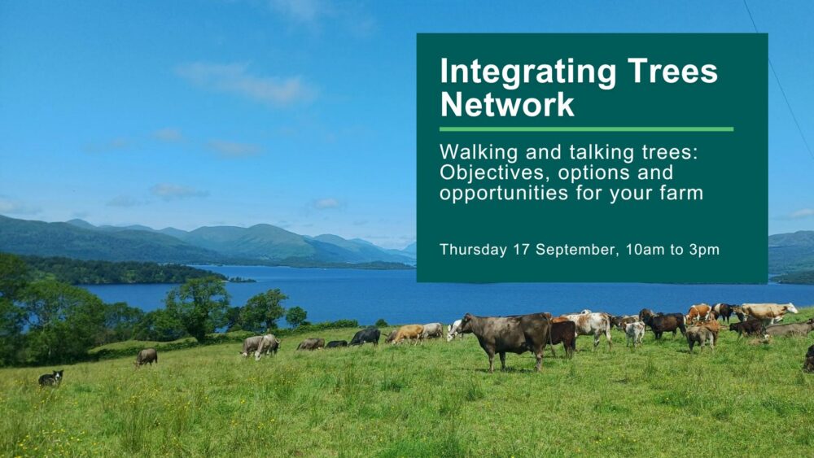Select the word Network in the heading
[507, 105]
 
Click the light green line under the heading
[586, 129]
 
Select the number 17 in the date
[522, 250]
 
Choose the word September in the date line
[577, 250]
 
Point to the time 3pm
[704, 250]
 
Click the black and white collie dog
[50, 378]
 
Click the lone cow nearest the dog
[147, 357]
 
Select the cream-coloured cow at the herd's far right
[766, 312]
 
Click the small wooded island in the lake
[242, 280]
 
